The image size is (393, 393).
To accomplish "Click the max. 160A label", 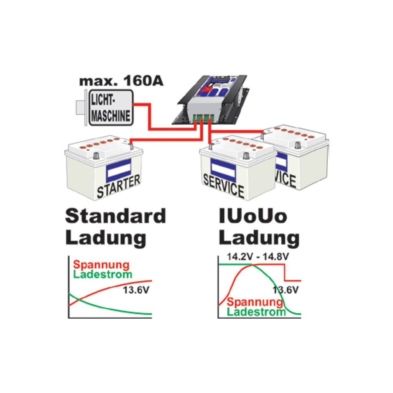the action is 121,81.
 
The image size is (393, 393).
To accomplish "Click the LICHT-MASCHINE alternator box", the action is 111,108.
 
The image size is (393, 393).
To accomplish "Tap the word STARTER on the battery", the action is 118,186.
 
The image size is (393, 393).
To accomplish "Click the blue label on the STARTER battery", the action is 119,170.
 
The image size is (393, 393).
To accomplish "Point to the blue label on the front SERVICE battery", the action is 223,170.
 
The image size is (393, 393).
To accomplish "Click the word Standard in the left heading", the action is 116,216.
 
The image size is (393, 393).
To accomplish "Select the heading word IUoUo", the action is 253,216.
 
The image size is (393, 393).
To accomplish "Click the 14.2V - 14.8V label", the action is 258,257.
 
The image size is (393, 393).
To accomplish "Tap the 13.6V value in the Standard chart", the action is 136,290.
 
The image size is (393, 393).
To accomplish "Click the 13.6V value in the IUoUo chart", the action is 286,290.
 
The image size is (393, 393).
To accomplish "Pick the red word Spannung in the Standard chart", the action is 101,265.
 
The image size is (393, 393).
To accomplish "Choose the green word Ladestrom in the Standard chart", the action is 102,274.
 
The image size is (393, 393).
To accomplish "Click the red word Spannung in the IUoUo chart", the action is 255,302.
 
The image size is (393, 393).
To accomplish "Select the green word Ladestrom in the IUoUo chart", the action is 256,312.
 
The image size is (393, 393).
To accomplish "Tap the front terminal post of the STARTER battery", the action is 96,156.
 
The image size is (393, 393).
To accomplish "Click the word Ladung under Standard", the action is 106,238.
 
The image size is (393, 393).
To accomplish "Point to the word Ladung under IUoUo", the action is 259,238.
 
